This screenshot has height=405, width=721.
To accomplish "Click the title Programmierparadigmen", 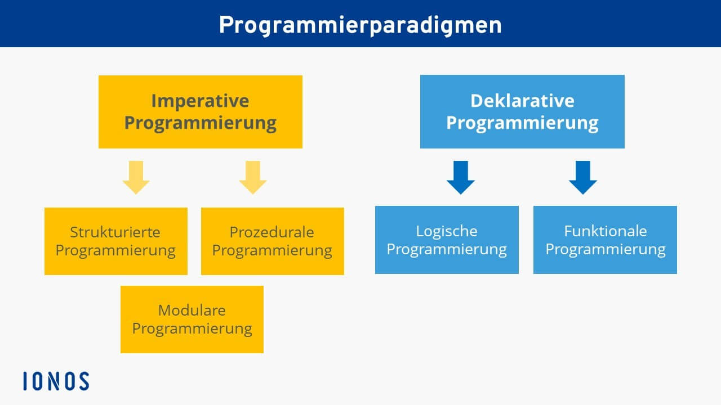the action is click(360, 26).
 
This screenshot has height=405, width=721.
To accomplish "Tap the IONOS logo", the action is click(56, 381).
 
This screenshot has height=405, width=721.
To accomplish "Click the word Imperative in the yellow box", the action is click(200, 101).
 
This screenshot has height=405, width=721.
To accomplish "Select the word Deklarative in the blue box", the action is click(522, 101).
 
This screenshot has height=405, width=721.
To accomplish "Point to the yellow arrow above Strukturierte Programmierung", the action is click(136, 177).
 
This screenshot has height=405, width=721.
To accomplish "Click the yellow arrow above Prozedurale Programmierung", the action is click(253, 177).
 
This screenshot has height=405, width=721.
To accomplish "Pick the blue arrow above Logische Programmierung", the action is click(461, 177).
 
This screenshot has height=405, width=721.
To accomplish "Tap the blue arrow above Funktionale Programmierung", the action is click(583, 177).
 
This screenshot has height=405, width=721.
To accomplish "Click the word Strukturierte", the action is click(115, 232).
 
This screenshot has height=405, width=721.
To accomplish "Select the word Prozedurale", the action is click(272, 232).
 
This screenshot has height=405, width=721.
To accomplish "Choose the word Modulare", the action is click(192, 310).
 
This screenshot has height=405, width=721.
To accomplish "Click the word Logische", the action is click(447, 231).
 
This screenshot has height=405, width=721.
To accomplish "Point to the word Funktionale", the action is click(606, 231).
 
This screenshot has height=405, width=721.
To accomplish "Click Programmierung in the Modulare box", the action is click(192, 329).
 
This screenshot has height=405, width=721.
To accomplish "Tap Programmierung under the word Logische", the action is click(447, 250).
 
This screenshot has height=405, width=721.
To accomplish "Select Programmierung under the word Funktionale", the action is click(606, 250).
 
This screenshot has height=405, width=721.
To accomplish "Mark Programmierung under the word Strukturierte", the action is click(115, 251).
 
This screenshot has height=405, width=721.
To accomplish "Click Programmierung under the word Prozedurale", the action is click(272, 251).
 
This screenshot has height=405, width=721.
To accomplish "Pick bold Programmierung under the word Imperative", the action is click(200, 123).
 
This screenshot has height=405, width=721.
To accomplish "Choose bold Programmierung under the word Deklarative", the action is click(522, 123).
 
